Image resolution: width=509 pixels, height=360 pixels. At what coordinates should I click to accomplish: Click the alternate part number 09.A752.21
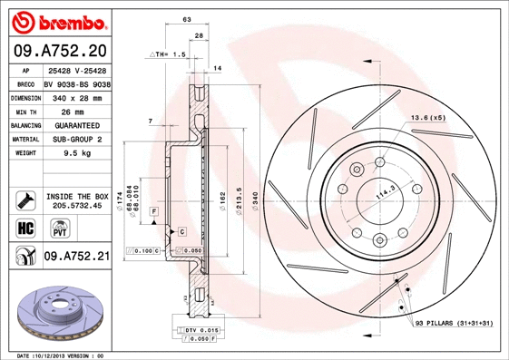point(76,257)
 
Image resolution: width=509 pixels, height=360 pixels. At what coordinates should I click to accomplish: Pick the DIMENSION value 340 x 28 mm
point(76,96)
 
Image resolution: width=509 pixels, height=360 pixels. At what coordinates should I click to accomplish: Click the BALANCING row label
point(25,125)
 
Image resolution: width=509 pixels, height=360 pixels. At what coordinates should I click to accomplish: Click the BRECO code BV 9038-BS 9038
point(76,83)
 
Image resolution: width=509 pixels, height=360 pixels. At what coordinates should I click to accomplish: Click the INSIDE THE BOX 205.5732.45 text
point(76,201)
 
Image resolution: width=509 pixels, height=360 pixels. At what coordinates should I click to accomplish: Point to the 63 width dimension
point(187,19)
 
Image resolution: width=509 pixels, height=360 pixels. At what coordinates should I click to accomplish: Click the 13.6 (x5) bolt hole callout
point(428,119)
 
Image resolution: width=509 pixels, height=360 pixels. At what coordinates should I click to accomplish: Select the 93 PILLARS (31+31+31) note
point(453,323)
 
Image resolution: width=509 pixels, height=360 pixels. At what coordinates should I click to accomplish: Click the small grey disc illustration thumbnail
point(54,309)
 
